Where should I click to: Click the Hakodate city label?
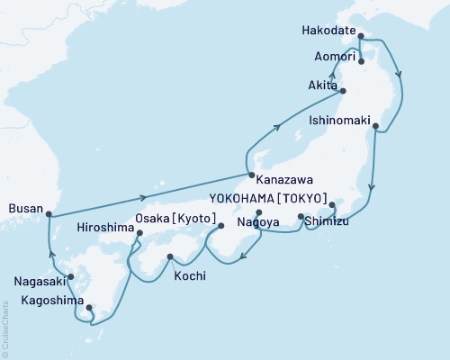[327, 30]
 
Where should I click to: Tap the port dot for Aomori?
[361, 61]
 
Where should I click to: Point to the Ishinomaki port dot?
[375, 126]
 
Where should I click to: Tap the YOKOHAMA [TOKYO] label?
[280, 202]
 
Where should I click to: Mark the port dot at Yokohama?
[332, 204]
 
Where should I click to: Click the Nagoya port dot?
[259, 212]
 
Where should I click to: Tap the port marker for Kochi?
[170, 258]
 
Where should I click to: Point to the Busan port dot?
[49, 214]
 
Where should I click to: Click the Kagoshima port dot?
[89, 309]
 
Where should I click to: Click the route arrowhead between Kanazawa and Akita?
[278, 128]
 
